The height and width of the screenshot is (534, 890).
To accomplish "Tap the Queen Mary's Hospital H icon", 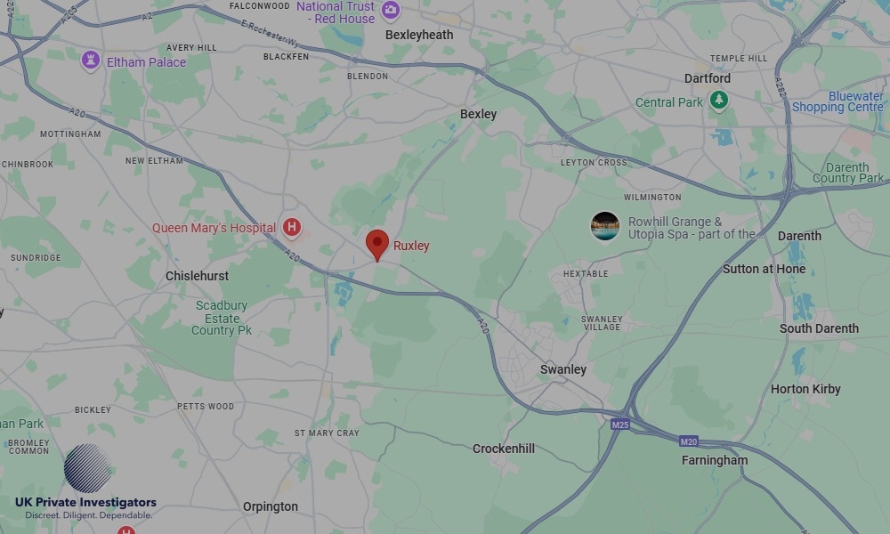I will (291, 228).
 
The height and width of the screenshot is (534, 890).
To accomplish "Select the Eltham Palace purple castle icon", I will (90, 61).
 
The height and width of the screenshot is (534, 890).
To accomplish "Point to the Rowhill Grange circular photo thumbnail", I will (605, 226).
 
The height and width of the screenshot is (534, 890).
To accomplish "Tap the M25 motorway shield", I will (620, 425).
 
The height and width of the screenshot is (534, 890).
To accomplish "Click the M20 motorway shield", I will (688, 441).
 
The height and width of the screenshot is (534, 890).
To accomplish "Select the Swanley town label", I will (563, 369).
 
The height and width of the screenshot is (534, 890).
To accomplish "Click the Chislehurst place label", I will (198, 276).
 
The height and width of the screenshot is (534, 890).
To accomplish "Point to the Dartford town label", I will (708, 78).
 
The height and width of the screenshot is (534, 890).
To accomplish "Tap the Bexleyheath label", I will (419, 35).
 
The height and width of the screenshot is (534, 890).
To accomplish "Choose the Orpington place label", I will (271, 506).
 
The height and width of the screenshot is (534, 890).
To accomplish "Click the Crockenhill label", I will (504, 449).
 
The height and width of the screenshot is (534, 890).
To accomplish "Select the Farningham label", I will (715, 460).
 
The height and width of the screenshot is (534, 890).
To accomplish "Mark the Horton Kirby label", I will (805, 389).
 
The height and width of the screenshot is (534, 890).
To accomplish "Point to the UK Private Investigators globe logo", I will (87, 469).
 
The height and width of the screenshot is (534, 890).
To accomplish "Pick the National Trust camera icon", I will (390, 11).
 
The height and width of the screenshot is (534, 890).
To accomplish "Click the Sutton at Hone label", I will (764, 269).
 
